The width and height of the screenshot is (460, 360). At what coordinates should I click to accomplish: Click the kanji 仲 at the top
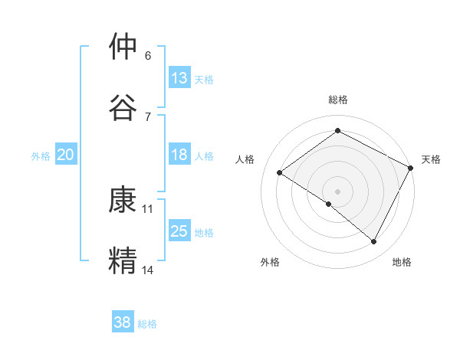[123, 47]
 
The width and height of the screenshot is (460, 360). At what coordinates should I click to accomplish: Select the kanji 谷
[123, 106]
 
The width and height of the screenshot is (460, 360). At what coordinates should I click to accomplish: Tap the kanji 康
[123, 201]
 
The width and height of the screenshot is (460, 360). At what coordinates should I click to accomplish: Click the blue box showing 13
[179, 78]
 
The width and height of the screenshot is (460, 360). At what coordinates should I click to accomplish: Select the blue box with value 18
[179, 155]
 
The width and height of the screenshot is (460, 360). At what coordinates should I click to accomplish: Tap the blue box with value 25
[179, 231]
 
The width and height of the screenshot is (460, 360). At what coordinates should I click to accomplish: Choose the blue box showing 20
[65, 155]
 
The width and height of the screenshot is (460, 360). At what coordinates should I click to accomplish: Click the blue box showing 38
[122, 322]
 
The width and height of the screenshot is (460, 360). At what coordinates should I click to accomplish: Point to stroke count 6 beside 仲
[148, 56]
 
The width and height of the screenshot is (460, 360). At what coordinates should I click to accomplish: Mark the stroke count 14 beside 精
[148, 270]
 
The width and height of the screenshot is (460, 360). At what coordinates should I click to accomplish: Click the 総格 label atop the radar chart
[338, 100]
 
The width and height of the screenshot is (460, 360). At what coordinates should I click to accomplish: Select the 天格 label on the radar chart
[431, 159]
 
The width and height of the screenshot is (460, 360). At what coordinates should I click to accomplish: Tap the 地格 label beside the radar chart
[402, 262]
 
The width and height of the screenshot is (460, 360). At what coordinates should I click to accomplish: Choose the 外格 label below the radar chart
[270, 262]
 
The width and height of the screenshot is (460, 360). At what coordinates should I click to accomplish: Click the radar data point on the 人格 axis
[280, 173]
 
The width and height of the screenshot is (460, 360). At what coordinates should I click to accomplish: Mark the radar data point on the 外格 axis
[329, 204]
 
